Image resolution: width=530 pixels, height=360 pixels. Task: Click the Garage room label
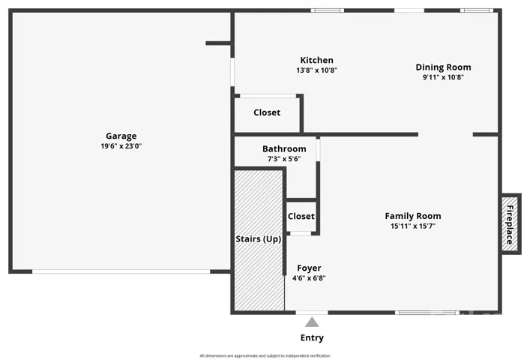click(121, 136)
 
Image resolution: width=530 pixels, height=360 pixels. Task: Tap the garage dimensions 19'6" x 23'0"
click(121, 146)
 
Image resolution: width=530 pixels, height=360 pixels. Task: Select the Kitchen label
click(316, 60)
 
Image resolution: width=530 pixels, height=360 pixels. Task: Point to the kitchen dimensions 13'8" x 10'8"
click(316, 70)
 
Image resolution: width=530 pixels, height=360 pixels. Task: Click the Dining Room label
click(443, 67)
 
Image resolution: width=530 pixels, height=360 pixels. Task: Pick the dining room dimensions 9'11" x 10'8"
click(443, 77)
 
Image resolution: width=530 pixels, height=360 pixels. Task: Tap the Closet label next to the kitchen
click(267, 112)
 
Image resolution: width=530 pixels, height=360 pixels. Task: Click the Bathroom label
click(284, 148)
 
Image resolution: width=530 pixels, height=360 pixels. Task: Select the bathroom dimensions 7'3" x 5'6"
click(284, 159)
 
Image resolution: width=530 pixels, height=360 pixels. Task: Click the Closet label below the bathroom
click(301, 216)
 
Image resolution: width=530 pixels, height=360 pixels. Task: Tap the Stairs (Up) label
click(258, 239)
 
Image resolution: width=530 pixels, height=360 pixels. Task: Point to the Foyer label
click(309, 268)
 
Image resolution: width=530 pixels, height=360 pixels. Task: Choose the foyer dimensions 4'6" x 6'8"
click(309, 278)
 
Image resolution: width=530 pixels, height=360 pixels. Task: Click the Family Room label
click(413, 216)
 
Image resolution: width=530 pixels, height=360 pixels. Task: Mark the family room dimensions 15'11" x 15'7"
click(413, 226)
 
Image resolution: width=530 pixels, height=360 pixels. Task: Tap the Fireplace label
click(510, 225)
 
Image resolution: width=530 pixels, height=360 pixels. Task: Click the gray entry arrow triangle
click(312, 322)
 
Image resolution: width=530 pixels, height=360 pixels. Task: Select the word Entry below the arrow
click(312, 337)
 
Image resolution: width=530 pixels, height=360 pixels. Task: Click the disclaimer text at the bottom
click(265, 355)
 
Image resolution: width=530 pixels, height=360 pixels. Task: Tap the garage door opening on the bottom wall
click(121, 271)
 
